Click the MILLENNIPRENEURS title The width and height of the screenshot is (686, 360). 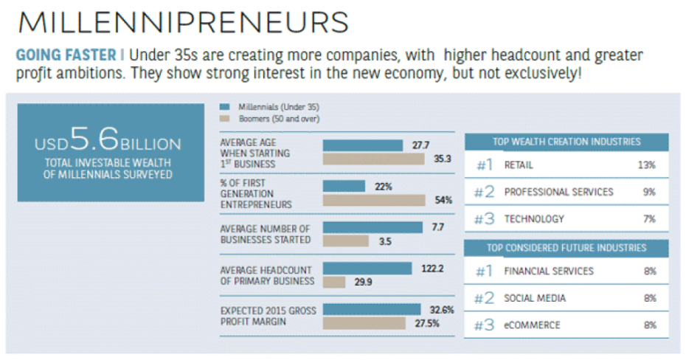coord(183,21)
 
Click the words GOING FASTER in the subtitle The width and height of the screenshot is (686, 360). coord(65,55)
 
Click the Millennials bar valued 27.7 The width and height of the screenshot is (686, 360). coord(363,145)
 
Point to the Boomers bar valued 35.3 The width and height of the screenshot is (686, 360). coord(373,159)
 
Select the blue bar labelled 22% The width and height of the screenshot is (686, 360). coord(344,187)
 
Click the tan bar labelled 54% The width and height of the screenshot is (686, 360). coord(374,200)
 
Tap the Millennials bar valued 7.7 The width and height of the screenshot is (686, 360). coord(373,227)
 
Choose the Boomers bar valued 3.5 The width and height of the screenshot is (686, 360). coord(346,240)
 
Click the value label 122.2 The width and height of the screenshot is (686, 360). coord(432,268)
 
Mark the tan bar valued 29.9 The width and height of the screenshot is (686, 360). coord(334,281)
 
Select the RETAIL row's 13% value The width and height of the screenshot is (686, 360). coord(646,165)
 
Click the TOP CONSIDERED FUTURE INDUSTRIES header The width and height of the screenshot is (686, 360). coord(567,248)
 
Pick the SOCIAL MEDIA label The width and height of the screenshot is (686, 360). coord(535,298)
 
